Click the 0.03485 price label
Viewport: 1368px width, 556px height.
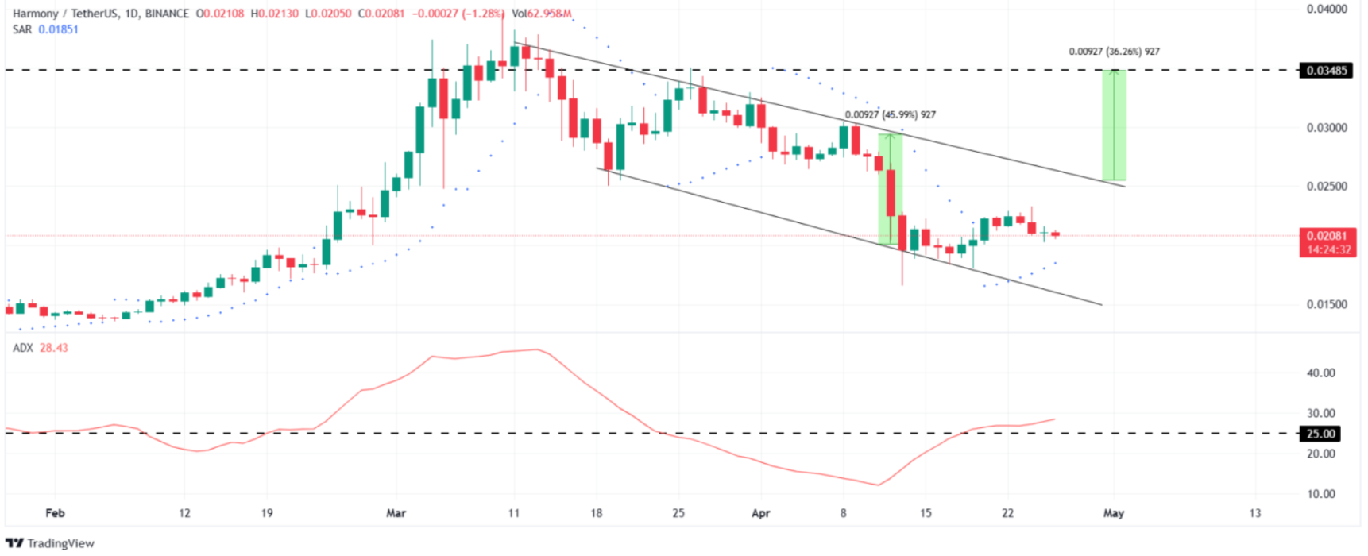pos(1327,71)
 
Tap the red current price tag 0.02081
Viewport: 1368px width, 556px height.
pos(1327,236)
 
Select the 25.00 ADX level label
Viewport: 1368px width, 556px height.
pos(1320,434)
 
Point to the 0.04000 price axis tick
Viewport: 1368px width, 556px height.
pos(1327,10)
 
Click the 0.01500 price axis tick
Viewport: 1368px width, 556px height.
pos(1327,304)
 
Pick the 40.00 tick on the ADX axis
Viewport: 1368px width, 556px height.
pos(1320,373)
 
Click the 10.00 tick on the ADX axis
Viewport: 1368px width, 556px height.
pos(1320,494)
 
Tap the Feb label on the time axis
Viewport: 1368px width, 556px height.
pos(55,513)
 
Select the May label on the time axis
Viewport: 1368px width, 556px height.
pos(1113,513)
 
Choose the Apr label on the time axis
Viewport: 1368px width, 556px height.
pos(760,513)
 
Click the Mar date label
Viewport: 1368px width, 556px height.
pos(396,513)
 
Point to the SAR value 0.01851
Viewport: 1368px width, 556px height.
pos(58,29)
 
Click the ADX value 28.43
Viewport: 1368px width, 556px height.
pos(53,348)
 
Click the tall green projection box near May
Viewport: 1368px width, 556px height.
pos(1113,125)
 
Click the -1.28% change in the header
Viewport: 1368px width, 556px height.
pos(484,14)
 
